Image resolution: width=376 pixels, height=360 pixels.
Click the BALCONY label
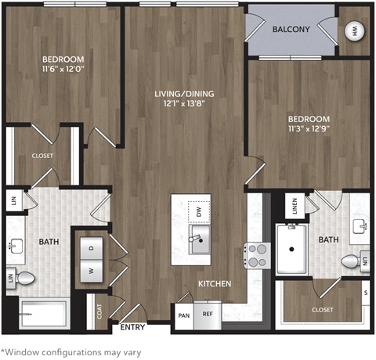click(291, 30)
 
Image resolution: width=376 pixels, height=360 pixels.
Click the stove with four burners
click(256, 255)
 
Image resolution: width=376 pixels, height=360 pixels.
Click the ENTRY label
click(134, 328)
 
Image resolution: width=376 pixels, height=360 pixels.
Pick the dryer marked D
click(92, 247)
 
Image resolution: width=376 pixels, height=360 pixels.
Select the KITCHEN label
click(214, 283)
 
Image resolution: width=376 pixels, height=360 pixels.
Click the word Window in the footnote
click(25, 351)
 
